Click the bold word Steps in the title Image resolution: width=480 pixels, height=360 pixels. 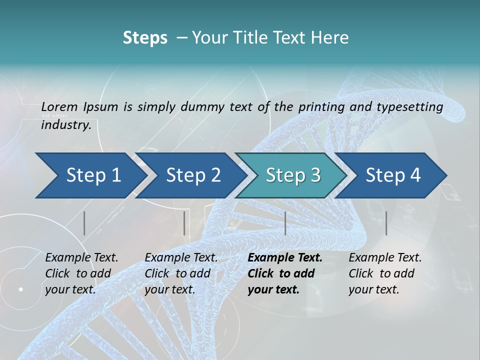(x=145, y=38)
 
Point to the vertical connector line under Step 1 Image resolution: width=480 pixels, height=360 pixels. (x=84, y=223)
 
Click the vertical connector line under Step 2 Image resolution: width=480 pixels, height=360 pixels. (x=184, y=223)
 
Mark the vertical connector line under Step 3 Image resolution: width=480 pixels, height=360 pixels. (x=285, y=223)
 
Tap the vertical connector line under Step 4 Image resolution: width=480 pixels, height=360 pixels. (x=386, y=223)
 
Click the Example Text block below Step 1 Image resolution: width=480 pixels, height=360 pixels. (x=81, y=273)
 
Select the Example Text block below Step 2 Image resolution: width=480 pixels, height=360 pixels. (x=181, y=273)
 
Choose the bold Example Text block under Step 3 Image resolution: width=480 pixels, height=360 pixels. (x=284, y=273)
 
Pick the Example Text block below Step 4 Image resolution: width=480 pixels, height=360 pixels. (x=385, y=273)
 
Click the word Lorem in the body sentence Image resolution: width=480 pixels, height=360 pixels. (x=59, y=107)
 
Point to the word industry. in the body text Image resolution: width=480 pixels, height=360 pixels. (x=66, y=125)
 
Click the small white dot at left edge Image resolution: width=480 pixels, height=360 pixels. (x=20, y=289)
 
